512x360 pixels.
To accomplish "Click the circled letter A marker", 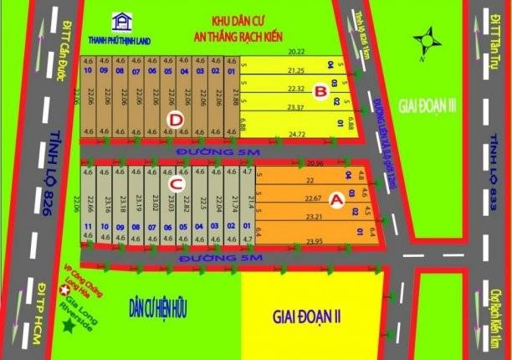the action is click(x=336, y=200).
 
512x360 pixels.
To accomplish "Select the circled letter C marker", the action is click(x=176, y=185).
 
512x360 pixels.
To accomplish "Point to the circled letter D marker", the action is click(x=174, y=120).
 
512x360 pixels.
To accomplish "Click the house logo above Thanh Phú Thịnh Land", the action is click(x=123, y=19).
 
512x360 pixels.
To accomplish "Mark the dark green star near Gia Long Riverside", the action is click(x=66, y=327).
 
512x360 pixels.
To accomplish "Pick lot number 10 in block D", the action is click(x=87, y=71).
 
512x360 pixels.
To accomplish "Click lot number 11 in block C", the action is click(x=87, y=227).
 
